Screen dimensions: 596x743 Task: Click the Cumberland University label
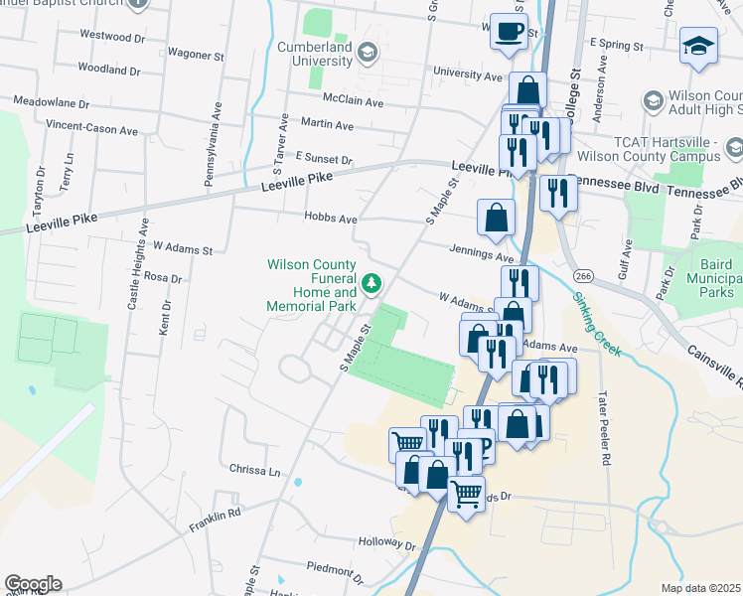point(302,54)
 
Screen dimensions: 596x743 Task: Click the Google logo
point(33,584)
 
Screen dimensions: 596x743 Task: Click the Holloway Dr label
point(387,544)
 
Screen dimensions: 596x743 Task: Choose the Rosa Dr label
point(163,278)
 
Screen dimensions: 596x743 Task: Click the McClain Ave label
point(354,100)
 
